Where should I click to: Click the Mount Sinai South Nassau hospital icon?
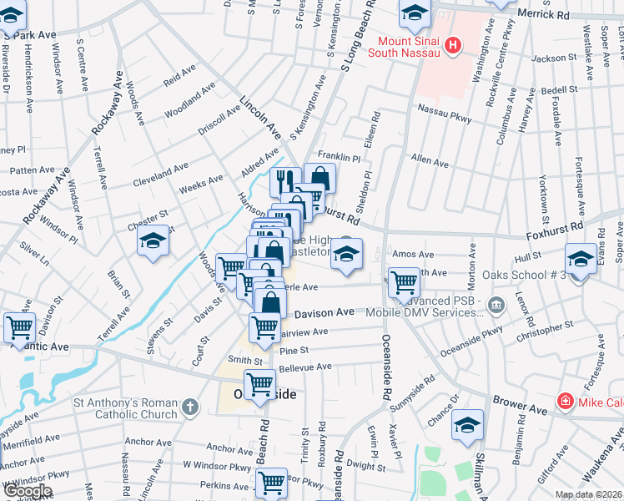pyautogui.click(x=453, y=44)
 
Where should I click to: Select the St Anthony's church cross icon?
pyautogui.click(x=190, y=407)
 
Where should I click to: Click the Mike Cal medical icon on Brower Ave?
pyautogui.click(x=566, y=402)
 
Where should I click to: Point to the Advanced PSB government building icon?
pyautogui.click(x=498, y=303)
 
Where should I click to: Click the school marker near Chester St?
pyautogui.click(x=153, y=243)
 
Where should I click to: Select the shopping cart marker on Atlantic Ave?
pyautogui.click(x=19, y=328)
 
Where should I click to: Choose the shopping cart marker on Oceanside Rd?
pyautogui.click(x=404, y=281)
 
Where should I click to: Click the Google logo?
pyautogui.click(x=28, y=491)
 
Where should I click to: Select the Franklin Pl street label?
pyautogui.click(x=339, y=157)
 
